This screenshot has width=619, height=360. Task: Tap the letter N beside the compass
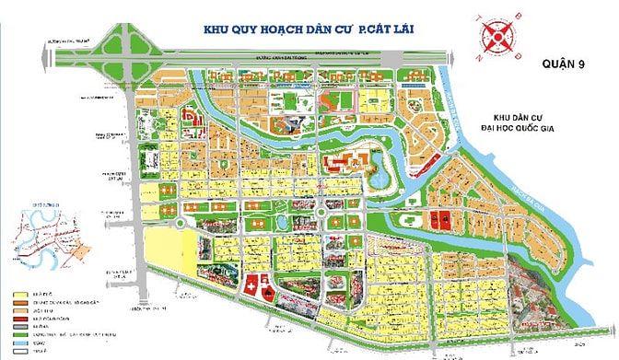pos(481,54)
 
